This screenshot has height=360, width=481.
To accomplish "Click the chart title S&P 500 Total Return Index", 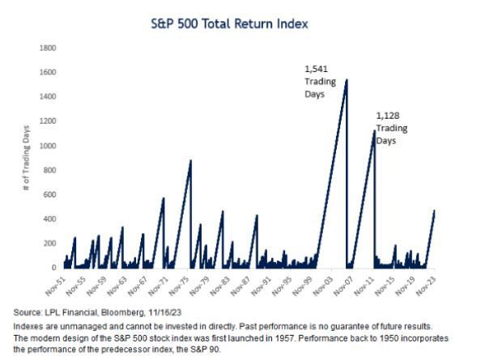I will click(x=240, y=24).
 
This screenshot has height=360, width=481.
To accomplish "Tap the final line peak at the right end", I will click(x=434, y=210).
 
